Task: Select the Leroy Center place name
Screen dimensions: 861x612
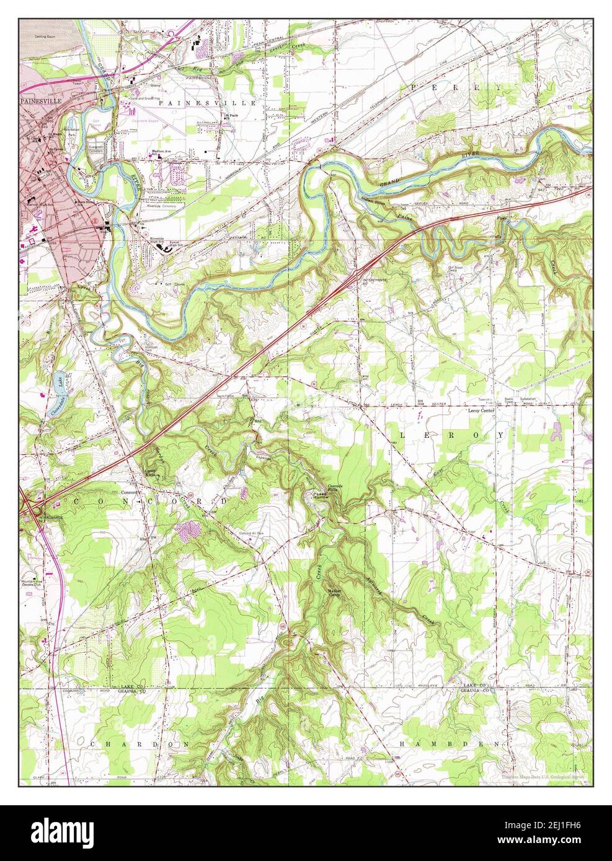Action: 484,410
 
